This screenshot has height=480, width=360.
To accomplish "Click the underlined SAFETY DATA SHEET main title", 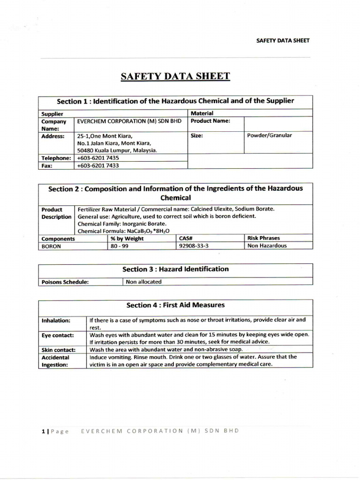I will (175, 76).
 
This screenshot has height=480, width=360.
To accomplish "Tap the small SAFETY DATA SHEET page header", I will (283, 40).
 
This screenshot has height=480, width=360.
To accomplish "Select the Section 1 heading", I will (175, 101).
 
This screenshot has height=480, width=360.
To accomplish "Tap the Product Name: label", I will (210, 120).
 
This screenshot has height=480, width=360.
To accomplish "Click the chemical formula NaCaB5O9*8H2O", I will (123, 231).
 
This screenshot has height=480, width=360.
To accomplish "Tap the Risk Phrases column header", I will (263, 238).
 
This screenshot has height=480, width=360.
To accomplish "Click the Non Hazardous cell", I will (266, 246).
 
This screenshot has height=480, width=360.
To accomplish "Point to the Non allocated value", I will (143, 282).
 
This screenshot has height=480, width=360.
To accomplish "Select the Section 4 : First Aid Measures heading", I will (175, 305).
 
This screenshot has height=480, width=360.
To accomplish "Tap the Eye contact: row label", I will (58, 336).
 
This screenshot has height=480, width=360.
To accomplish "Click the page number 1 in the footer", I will (43, 431).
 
